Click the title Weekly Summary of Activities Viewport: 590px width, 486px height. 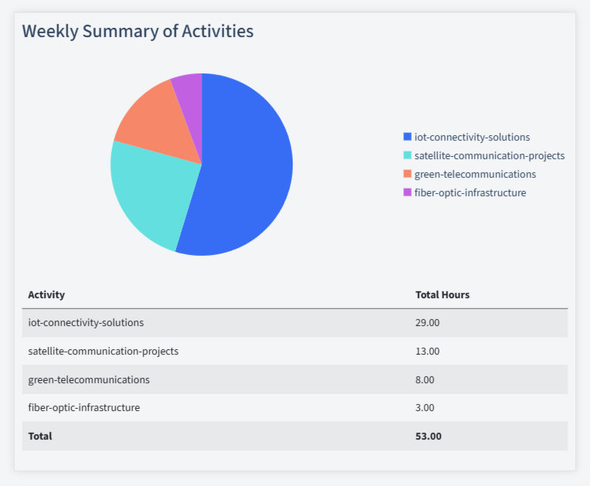(137, 32)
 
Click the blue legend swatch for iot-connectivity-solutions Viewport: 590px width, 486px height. (408, 137)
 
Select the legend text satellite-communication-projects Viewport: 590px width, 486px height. (489, 155)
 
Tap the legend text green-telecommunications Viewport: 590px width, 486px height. (474, 174)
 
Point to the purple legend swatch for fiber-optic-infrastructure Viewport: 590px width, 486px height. (408, 192)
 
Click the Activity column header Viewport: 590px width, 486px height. (46, 294)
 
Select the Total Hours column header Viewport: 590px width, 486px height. (442, 294)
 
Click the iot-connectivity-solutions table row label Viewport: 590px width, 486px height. (86, 322)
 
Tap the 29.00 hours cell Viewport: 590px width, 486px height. (427, 322)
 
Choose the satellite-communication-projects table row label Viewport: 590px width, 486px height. (103, 351)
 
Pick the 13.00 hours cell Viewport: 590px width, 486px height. (427, 351)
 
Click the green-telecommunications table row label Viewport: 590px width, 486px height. (89, 379)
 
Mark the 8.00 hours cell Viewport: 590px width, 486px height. (425, 379)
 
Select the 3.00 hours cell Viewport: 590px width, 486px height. (425, 407)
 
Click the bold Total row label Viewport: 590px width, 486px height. (40, 436)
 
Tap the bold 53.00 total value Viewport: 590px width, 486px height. (429, 436)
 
